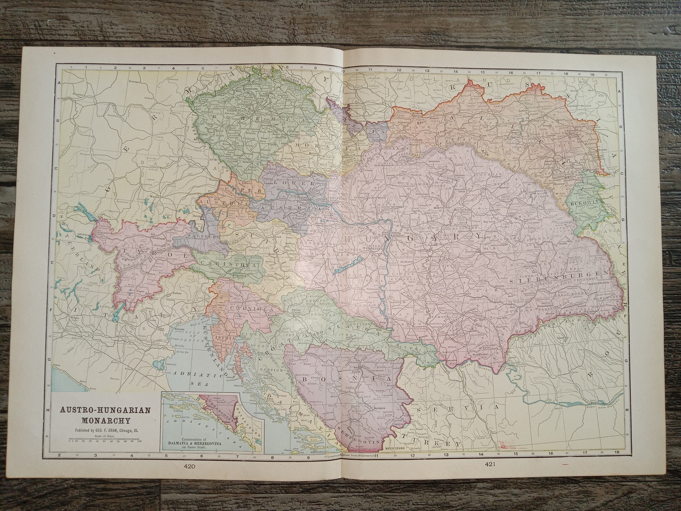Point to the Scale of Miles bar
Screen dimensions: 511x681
pos(105,441)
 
